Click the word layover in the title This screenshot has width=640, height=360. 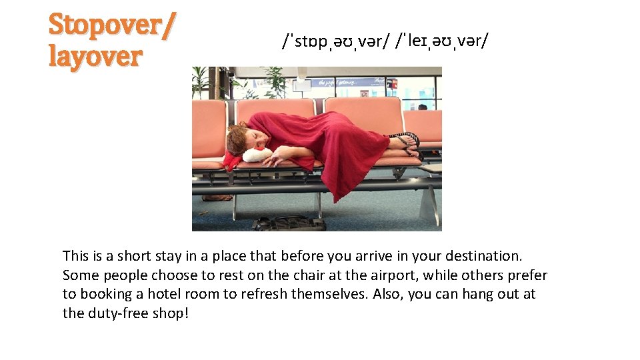[95, 57]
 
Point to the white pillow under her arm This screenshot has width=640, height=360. [257, 155]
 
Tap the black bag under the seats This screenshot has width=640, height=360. [290, 223]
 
